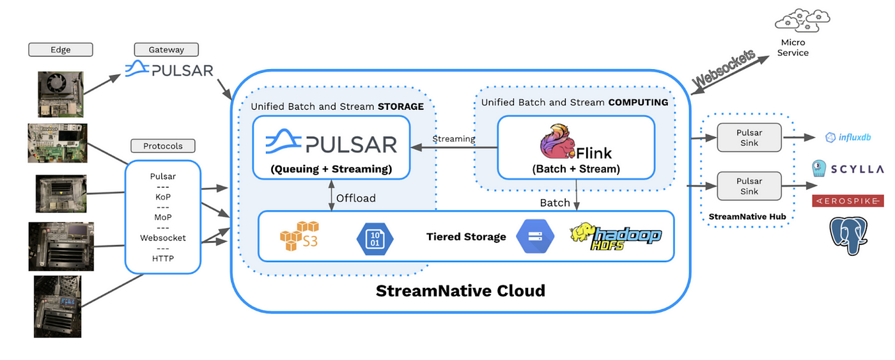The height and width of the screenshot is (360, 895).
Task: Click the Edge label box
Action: click(x=61, y=49)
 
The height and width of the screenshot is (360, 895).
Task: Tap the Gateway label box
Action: click(x=166, y=49)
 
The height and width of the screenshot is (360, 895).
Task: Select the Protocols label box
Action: click(x=163, y=146)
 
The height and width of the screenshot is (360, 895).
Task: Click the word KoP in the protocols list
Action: click(x=163, y=197)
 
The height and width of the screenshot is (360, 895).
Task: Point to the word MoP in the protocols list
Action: click(x=163, y=217)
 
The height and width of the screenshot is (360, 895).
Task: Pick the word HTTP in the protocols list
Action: click(x=163, y=258)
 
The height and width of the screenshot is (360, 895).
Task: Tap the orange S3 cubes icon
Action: click(x=299, y=236)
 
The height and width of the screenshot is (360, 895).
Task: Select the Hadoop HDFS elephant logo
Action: click(x=615, y=236)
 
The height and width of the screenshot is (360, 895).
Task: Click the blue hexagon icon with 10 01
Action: click(x=375, y=239)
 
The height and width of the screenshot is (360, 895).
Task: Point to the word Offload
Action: click(x=355, y=198)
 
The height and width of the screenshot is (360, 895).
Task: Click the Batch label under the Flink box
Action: click(x=555, y=203)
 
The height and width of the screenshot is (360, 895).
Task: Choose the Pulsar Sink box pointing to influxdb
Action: click(x=749, y=137)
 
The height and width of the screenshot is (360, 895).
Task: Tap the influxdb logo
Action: click(x=848, y=137)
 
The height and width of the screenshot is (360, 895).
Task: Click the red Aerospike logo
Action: click(x=848, y=201)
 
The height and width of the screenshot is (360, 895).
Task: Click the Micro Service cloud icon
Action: click(x=802, y=20)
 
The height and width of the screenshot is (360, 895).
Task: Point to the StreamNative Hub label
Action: click(x=747, y=217)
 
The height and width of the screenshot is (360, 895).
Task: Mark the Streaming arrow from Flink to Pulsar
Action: click(x=455, y=148)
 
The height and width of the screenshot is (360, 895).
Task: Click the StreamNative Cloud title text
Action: click(x=460, y=290)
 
